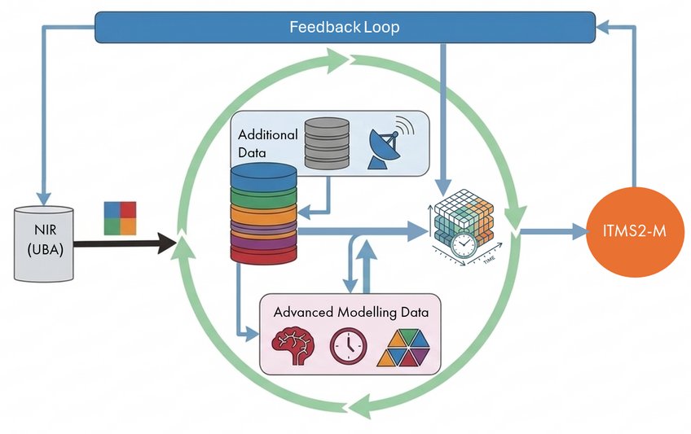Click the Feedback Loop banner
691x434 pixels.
point(345,28)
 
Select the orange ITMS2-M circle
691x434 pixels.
point(634,231)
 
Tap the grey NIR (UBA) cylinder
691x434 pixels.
point(44,243)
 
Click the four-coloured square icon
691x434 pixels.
point(120,218)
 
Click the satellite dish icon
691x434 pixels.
point(390,143)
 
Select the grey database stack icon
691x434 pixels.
point(327,143)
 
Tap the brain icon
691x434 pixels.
point(293,345)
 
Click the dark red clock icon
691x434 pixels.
point(348,346)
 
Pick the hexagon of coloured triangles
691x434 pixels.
point(403,348)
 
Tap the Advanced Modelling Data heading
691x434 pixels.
point(350,312)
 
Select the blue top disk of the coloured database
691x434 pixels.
point(263,176)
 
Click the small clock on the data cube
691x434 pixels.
point(464,245)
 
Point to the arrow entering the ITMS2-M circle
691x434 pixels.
point(554,230)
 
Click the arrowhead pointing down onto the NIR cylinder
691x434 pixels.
point(44,199)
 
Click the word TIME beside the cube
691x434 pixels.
point(489,260)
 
